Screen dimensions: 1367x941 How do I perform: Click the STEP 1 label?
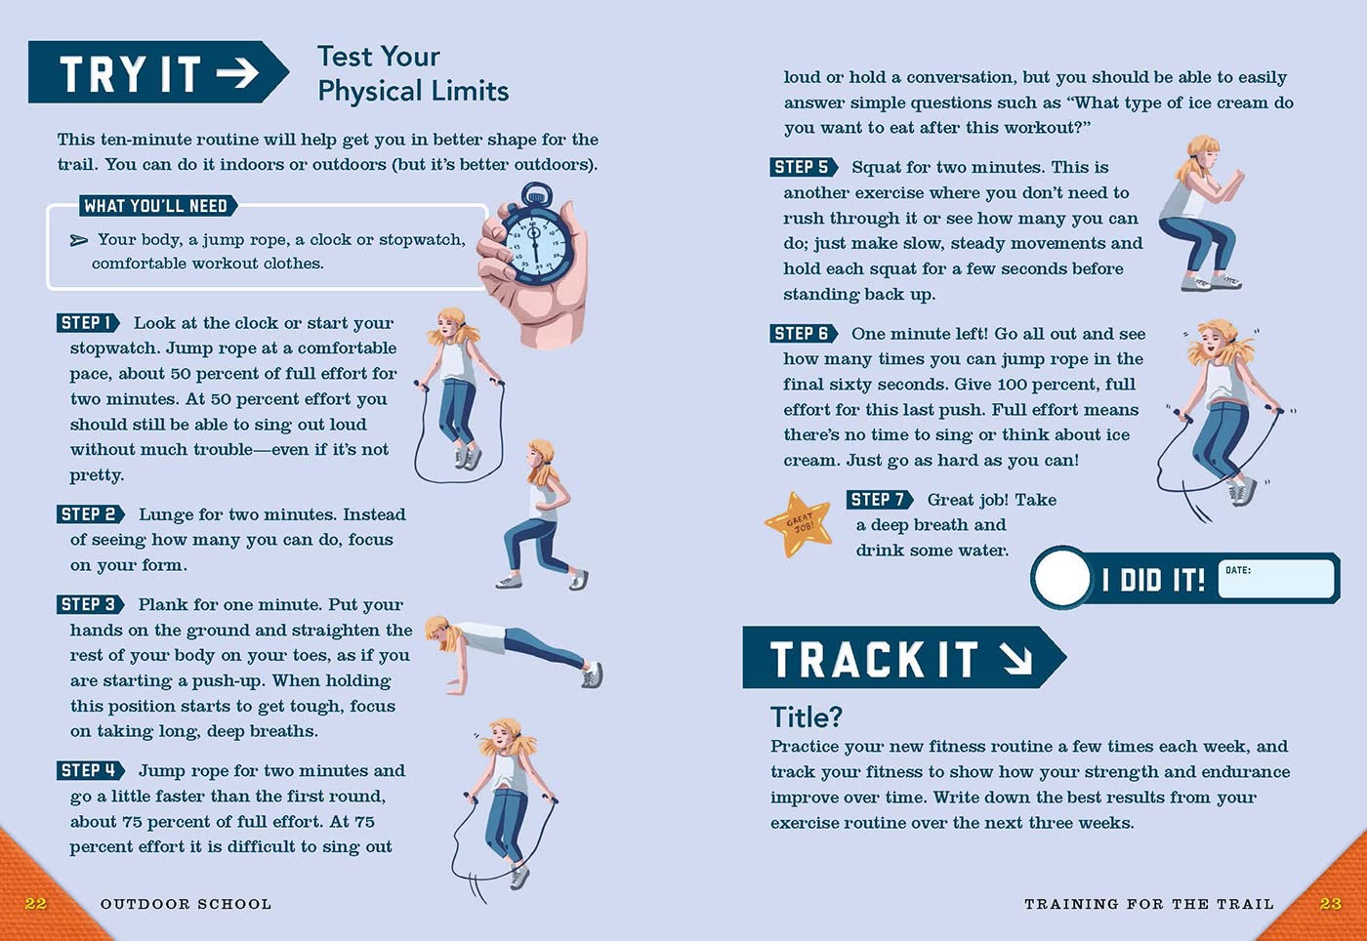pyautogui.click(x=88, y=323)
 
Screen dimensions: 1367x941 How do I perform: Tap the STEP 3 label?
pyautogui.click(x=90, y=604)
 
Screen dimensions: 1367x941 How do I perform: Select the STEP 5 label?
pyautogui.click(x=804, y=167)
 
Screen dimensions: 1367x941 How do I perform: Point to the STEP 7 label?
pyautogui.click(x=880, y=499)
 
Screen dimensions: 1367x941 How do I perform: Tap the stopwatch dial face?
pyautogui.click(x=536, y=247)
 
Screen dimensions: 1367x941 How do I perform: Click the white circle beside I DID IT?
pyautogui.click(x=1062, y=578)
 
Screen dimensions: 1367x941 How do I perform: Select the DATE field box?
pyautogui.click(x=1275, y=579)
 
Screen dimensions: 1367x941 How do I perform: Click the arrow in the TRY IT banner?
pyautogui.click(x=237, y=72)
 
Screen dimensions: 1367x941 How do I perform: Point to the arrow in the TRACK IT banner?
pyautogui.click(x=1017, y=659)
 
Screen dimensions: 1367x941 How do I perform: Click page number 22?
pyautogui.click(x=35, y=903)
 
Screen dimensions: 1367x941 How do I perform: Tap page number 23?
pyautogui.click(x=1330, y=903)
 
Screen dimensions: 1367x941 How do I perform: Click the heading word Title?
pyautogui.click(x=807, y=717)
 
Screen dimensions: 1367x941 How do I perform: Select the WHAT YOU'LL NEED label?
pyautogui.click(x=156, y=206)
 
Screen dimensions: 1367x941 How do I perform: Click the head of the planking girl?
pyautogui.click(x=440, y=632)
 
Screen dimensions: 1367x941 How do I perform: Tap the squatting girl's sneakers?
pyautogui.click(x=1211, y=282)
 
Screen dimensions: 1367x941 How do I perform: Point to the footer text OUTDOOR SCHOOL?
pyautogui.click(x=186, y=904)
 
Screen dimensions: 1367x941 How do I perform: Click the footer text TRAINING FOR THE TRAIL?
pyautogui.click(x=1149, y=904)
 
